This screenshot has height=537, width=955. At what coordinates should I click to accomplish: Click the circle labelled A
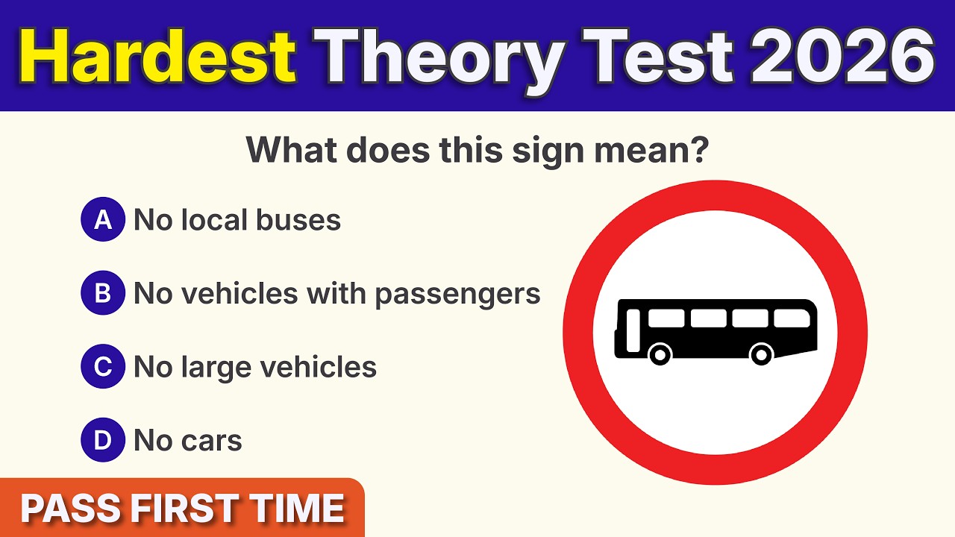pyautogui.click(x=103, y=220)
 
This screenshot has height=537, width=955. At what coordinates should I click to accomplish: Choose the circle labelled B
pyautogui.click(x=103, y=294)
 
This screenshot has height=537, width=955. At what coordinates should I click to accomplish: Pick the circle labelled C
pyautogui.click(x=103, y=367)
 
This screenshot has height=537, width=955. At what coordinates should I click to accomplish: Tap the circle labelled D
pyautogui.click(x=103, y=441)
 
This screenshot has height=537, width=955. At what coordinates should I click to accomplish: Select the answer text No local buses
pyautogui.click(x=237, y=220)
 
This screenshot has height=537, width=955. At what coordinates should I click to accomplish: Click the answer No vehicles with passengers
pyautogui.click(x=336, y=294)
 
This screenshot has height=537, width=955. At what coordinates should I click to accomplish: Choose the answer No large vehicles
pyautogui.click(x=254, y=367)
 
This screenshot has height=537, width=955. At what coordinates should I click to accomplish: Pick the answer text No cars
pyautogui.click(x=187, y=441)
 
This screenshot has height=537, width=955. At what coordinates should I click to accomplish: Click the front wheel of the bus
pyautogui.click(x=660, y=354)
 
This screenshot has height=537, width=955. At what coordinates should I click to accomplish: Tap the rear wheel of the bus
pyautogui.click(x=761, y=354)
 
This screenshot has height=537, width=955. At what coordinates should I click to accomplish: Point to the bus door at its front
pyautogui.click(x=633, y=330)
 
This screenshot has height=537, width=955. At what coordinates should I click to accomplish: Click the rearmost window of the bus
pyautogui.click(x=791, y=318)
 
